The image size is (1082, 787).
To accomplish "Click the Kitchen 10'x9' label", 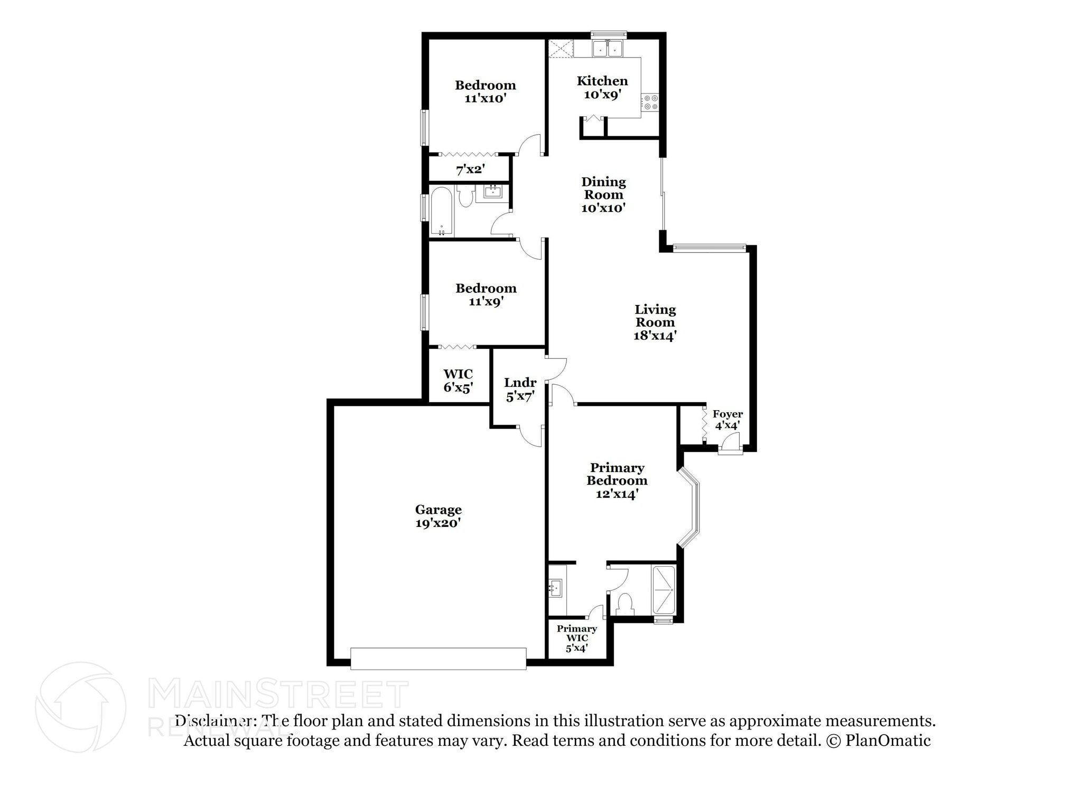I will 602,88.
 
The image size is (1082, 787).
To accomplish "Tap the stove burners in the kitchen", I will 650,102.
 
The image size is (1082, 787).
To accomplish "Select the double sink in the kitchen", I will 607,49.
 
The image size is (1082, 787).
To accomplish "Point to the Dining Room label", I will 603,195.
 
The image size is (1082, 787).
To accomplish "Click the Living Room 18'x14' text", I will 655,322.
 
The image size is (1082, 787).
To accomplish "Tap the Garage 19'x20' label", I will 438,516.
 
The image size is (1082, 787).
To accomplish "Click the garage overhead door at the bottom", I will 438,659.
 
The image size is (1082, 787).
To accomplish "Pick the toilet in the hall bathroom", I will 465,197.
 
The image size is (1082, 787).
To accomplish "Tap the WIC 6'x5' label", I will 458,381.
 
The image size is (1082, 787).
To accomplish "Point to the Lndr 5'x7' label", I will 520,390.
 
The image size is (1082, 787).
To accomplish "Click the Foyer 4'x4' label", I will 727,419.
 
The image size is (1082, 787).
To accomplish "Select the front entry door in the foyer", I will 731,443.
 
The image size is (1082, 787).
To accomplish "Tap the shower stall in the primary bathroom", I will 664,590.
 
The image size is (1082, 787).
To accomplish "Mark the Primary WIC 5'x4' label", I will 576,638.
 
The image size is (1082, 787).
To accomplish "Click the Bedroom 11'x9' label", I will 486,294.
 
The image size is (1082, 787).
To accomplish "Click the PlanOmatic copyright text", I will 878,740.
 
